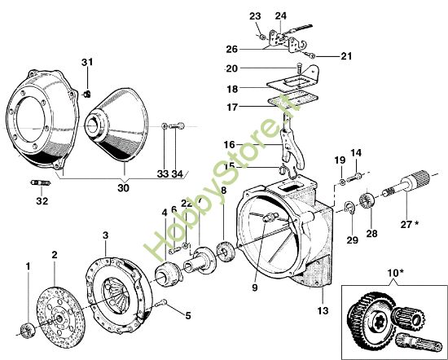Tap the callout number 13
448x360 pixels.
(323, 310)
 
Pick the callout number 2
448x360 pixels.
(54, 254)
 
